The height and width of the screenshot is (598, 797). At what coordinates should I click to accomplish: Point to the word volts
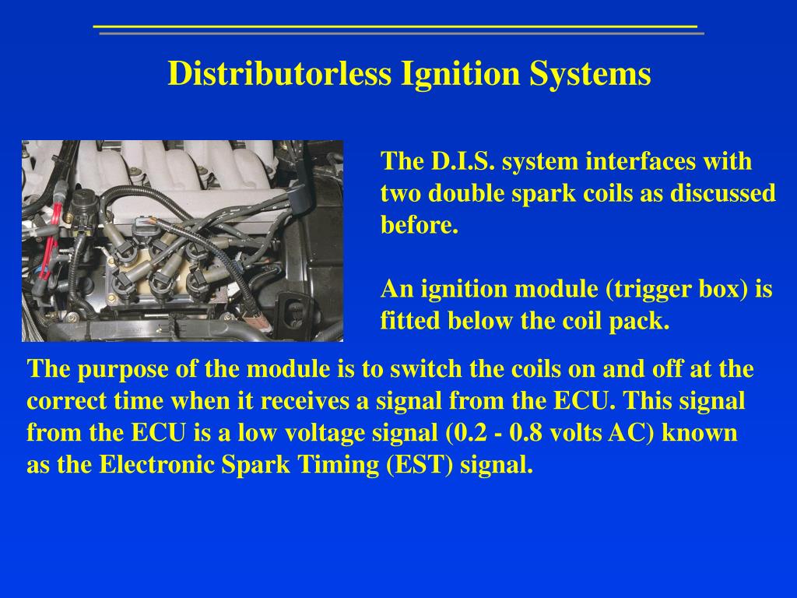click(x=576, y=433)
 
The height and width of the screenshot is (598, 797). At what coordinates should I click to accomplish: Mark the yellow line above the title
click(x=395, y=27)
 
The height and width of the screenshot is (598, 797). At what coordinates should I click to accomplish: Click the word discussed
click(x=723, y=194)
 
